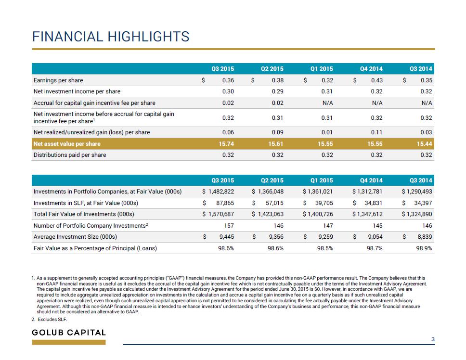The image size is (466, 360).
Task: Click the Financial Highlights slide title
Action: click(111, 37)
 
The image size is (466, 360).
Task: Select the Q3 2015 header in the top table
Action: click(222, 69)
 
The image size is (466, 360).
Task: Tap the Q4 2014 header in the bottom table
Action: click(371, 180)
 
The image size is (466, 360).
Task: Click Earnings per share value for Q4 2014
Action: click(377, 80)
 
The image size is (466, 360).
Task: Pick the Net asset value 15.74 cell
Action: click(226, 144)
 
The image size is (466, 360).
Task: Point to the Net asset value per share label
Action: click(67, 144)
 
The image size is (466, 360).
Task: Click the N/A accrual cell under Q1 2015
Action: click(327, 103)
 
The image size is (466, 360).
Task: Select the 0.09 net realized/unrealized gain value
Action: click(278, 132)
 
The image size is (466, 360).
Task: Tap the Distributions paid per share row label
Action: click(69, 155)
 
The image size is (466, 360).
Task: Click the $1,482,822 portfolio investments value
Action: click(218, 192)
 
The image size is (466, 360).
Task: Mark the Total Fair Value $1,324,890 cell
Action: click(417, 214)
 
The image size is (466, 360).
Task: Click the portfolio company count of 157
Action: click(229, 226)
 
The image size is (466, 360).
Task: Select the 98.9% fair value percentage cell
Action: click(424, 248)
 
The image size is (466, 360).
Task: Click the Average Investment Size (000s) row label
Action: click(75, 237)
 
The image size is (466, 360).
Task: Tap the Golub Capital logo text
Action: click(69, 333)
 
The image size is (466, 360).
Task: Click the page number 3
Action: click(433, 339)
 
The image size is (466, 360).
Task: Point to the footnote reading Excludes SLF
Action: click(49, 320)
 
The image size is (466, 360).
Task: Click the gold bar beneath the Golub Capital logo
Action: click(69, 343)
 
